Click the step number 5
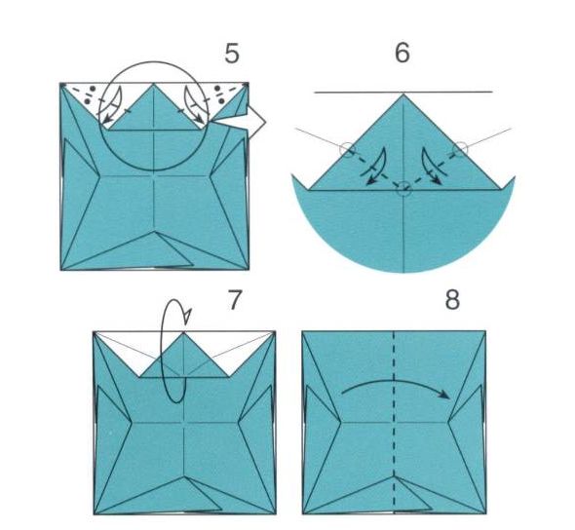(232, 54)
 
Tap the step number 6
(402, 53)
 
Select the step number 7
(235, 299)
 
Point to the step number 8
(452, 300)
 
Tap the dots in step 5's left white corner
(90, 95)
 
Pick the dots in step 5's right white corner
(219, 95)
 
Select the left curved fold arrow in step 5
(111, 105)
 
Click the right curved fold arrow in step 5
(194, 105)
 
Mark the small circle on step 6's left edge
(347, 149)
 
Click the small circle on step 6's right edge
(460, 149)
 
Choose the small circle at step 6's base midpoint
(403, 188)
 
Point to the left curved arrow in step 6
(376, 168)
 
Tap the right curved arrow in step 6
(432, 167)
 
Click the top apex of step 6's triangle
(403, 94)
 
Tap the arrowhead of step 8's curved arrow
(444, 394)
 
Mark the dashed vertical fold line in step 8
(394, 421)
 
